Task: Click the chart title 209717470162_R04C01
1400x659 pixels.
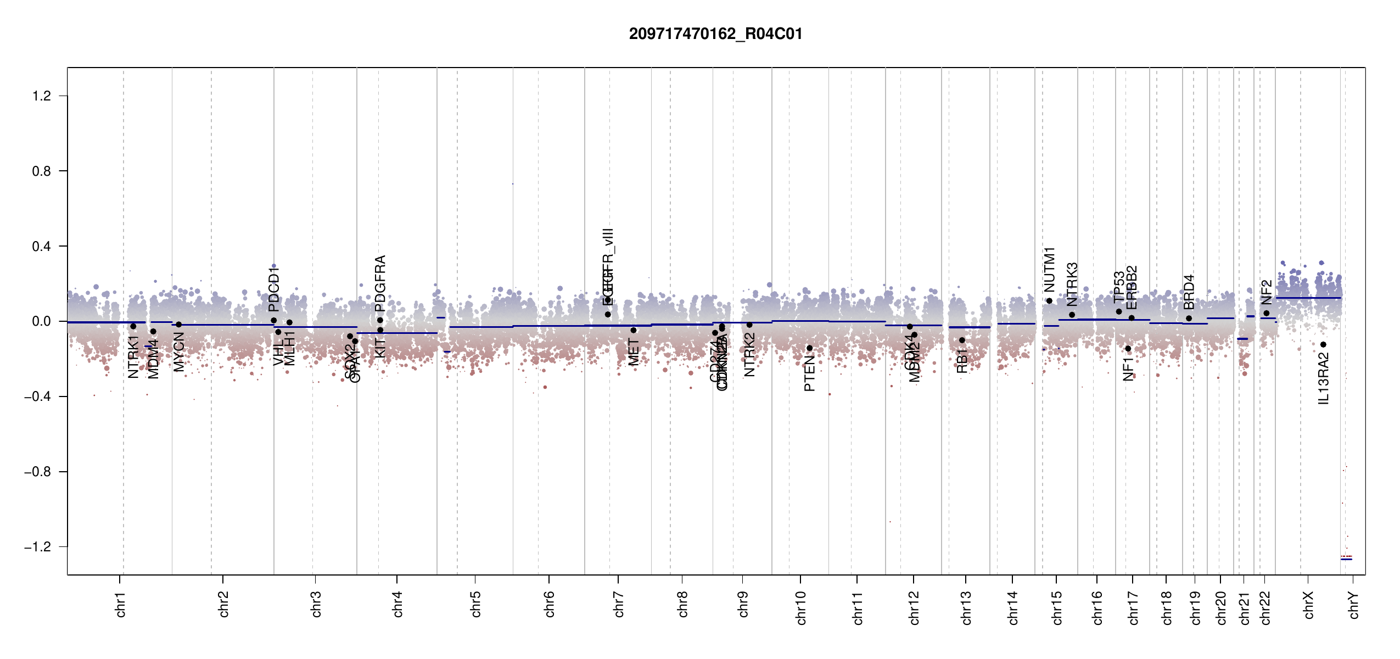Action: click(715, 34)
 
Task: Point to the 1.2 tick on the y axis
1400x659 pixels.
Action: click(42, 96)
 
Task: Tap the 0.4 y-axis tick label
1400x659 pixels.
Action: click(42, 247)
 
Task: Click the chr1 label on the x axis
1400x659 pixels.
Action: click(121, 604)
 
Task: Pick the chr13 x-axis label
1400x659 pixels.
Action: click(966, 607)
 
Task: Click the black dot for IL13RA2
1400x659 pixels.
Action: click(1323, 345)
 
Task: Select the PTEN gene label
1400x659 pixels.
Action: click(809, 373)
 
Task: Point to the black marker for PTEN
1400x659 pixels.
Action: click(809, 348)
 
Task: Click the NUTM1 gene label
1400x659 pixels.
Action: click(1050, 270)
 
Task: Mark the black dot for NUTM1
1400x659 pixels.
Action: click(1049, 301)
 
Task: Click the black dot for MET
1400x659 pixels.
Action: click(634, 330)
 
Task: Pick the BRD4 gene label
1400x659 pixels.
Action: click(1189, 292)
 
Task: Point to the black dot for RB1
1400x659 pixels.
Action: click(962, 340)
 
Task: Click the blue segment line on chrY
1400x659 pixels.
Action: click(1346, 559)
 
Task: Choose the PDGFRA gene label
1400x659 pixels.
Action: click(380, 283)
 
